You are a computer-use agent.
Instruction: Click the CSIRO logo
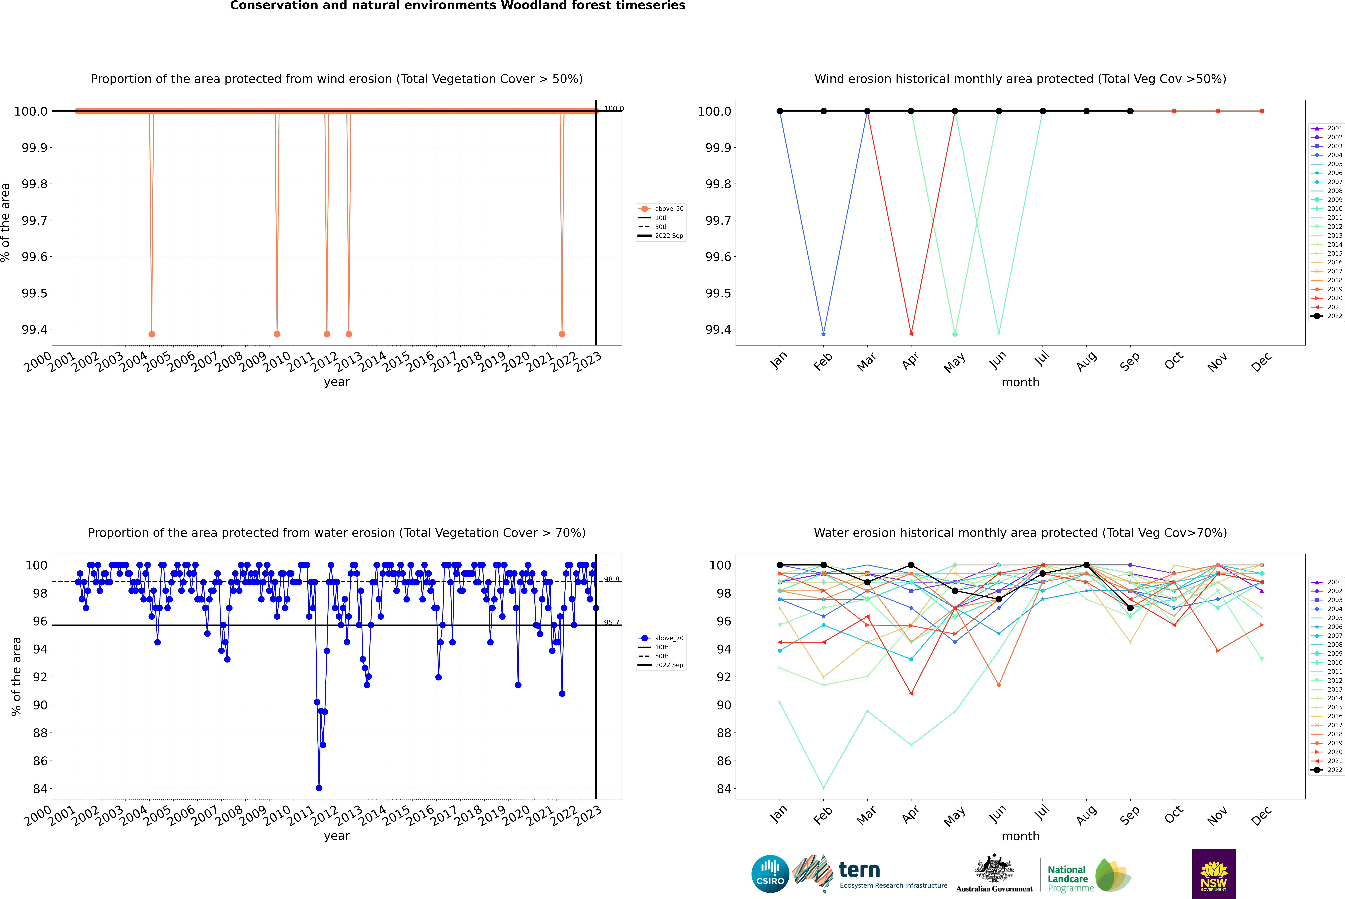770,874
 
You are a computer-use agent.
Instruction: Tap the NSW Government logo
1214,874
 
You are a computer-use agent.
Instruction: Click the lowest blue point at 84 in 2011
319,788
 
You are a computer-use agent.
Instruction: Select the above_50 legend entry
661,209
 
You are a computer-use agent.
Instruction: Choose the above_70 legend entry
661,638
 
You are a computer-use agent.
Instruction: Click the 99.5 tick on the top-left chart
34,293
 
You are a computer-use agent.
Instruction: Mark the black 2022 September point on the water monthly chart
1130,608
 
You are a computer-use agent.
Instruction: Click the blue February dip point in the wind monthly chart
823,334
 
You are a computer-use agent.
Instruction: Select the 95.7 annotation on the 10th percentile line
611,622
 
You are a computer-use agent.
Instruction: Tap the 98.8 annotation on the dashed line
611,579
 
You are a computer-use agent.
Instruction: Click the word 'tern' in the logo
859,870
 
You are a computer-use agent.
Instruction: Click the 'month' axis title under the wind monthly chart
1020,382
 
